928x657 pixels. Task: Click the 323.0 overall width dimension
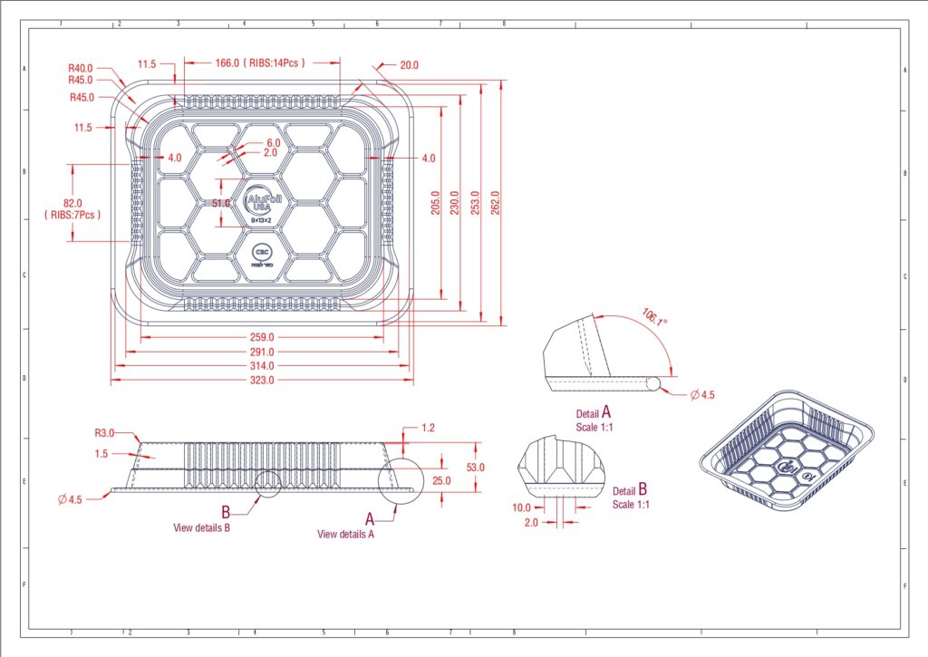[x=262, y=381]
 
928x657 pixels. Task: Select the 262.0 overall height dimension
[x=495, y=198]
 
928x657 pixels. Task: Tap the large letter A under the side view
[x=370, y=518]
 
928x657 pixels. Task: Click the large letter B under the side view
[x=226, y=511]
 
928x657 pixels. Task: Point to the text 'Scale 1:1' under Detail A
[x=594, y=427]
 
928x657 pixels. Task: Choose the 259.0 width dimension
[x=262, y=337]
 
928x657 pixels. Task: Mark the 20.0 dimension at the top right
[x=409, y=65]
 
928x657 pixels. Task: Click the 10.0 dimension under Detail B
[x=524, y=507]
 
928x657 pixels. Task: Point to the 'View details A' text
[x=345, y=534]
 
